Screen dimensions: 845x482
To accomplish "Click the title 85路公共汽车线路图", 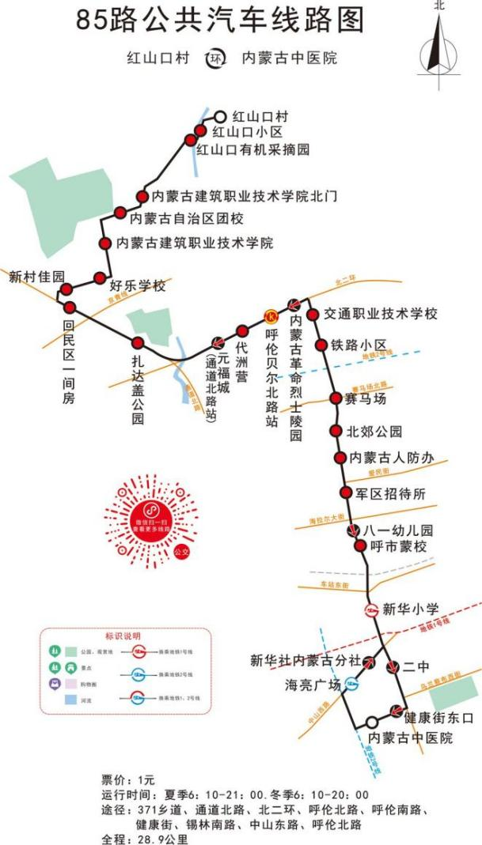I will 221,21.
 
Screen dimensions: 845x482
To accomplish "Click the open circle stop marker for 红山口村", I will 221,116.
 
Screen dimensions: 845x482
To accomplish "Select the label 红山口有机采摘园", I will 252,149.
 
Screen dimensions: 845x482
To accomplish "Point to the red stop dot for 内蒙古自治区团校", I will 120,213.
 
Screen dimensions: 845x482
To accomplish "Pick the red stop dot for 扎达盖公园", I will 138,343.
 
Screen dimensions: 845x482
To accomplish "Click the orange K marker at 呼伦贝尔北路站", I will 270,316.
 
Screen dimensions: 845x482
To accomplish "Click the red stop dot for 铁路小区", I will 321,345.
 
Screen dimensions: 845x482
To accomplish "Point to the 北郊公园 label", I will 374,432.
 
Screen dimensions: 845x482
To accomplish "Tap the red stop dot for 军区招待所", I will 346,493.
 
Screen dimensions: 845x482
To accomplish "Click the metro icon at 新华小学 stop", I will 371,609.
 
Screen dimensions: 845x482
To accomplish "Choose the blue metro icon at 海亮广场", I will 349,685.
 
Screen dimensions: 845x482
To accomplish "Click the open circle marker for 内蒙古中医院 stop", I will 371,722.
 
